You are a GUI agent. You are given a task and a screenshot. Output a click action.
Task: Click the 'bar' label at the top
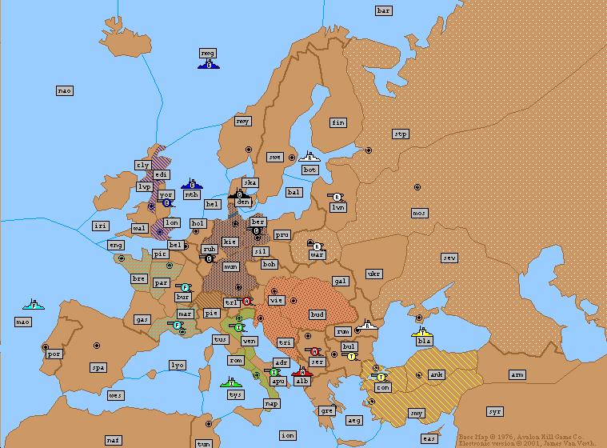pyautogui.click(x=384, y=10)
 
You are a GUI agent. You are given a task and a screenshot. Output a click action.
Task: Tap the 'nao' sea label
pyautogui.click(x=65, y=90)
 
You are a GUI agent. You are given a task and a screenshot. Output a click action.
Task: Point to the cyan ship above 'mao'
pyautogui.click(x=34, y=305)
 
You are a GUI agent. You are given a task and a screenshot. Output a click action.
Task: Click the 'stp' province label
pyautogui.click(x=401, y=134)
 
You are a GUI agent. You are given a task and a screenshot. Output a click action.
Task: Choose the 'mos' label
pyautogui.click(x=419, y=213)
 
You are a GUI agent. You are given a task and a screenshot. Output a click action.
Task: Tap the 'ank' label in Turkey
pyautogui.click(x=437, y=374)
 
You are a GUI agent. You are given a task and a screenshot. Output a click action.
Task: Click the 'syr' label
pyautogui.click(x=495, y=411)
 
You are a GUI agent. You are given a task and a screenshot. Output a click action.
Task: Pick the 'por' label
pyautogui.click(x=54, y=354)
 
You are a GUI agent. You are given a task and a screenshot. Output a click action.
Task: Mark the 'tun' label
pyautogui.click(x=204, y=443)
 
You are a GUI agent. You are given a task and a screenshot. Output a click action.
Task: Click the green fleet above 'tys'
pyautogui.click(x=231, y=384)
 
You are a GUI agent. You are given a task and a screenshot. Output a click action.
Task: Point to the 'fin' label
pyautogui.click(x=338, y=122)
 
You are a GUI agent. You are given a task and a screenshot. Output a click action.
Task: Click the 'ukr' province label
pyautogui.click(x=373, y=274)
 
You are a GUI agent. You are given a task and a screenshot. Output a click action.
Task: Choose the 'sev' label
pyautogui.click(x=450, y=258)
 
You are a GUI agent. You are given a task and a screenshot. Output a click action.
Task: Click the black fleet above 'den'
pyautogui.click(x=238, y=194)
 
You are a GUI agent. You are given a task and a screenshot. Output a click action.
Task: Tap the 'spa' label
pyautogui.click(x=98, y=368)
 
